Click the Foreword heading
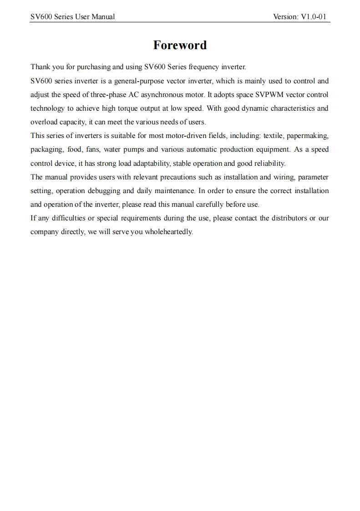click(x=180, y=45)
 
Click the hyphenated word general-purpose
click(x=139, y=81)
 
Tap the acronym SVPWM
click(x=266, y=95)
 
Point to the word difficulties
click(x=68, y=218)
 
